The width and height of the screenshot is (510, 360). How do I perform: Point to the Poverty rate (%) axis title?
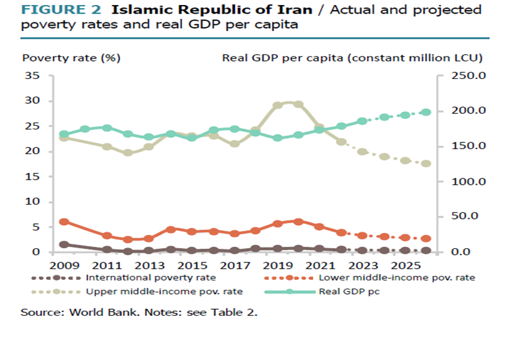pos(71,58)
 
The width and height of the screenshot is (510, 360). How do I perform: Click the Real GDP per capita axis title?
pos(352,58)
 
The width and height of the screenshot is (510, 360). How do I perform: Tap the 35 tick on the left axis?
pos(32,76)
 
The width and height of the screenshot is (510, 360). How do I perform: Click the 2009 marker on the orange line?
pos(64,222)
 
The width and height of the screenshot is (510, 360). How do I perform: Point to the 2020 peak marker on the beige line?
pos(298,104)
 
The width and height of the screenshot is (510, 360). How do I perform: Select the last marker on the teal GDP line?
pos(426,113)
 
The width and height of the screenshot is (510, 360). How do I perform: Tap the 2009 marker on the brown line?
pos(64,245)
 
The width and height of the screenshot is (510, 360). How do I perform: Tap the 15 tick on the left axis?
pos(32,177)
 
